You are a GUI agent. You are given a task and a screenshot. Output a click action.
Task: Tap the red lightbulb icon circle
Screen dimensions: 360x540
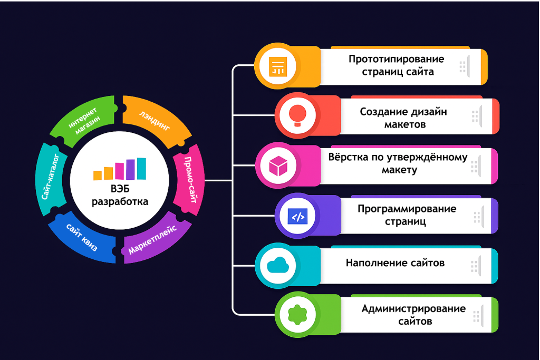pos(296,115)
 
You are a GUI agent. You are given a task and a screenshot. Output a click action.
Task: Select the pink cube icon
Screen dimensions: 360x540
pos(276,166)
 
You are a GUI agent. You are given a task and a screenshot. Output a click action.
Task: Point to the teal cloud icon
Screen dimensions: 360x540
pos(276,265)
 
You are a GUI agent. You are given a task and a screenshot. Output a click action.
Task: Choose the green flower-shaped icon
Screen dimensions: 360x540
pos(296,315)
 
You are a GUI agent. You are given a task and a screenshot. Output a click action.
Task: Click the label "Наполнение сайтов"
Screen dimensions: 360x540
pos(395,262)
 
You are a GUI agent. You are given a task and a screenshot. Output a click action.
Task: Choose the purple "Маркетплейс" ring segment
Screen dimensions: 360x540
pos(153,238)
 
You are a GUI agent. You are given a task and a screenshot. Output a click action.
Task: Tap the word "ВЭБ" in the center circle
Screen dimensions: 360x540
pos(120,190)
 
